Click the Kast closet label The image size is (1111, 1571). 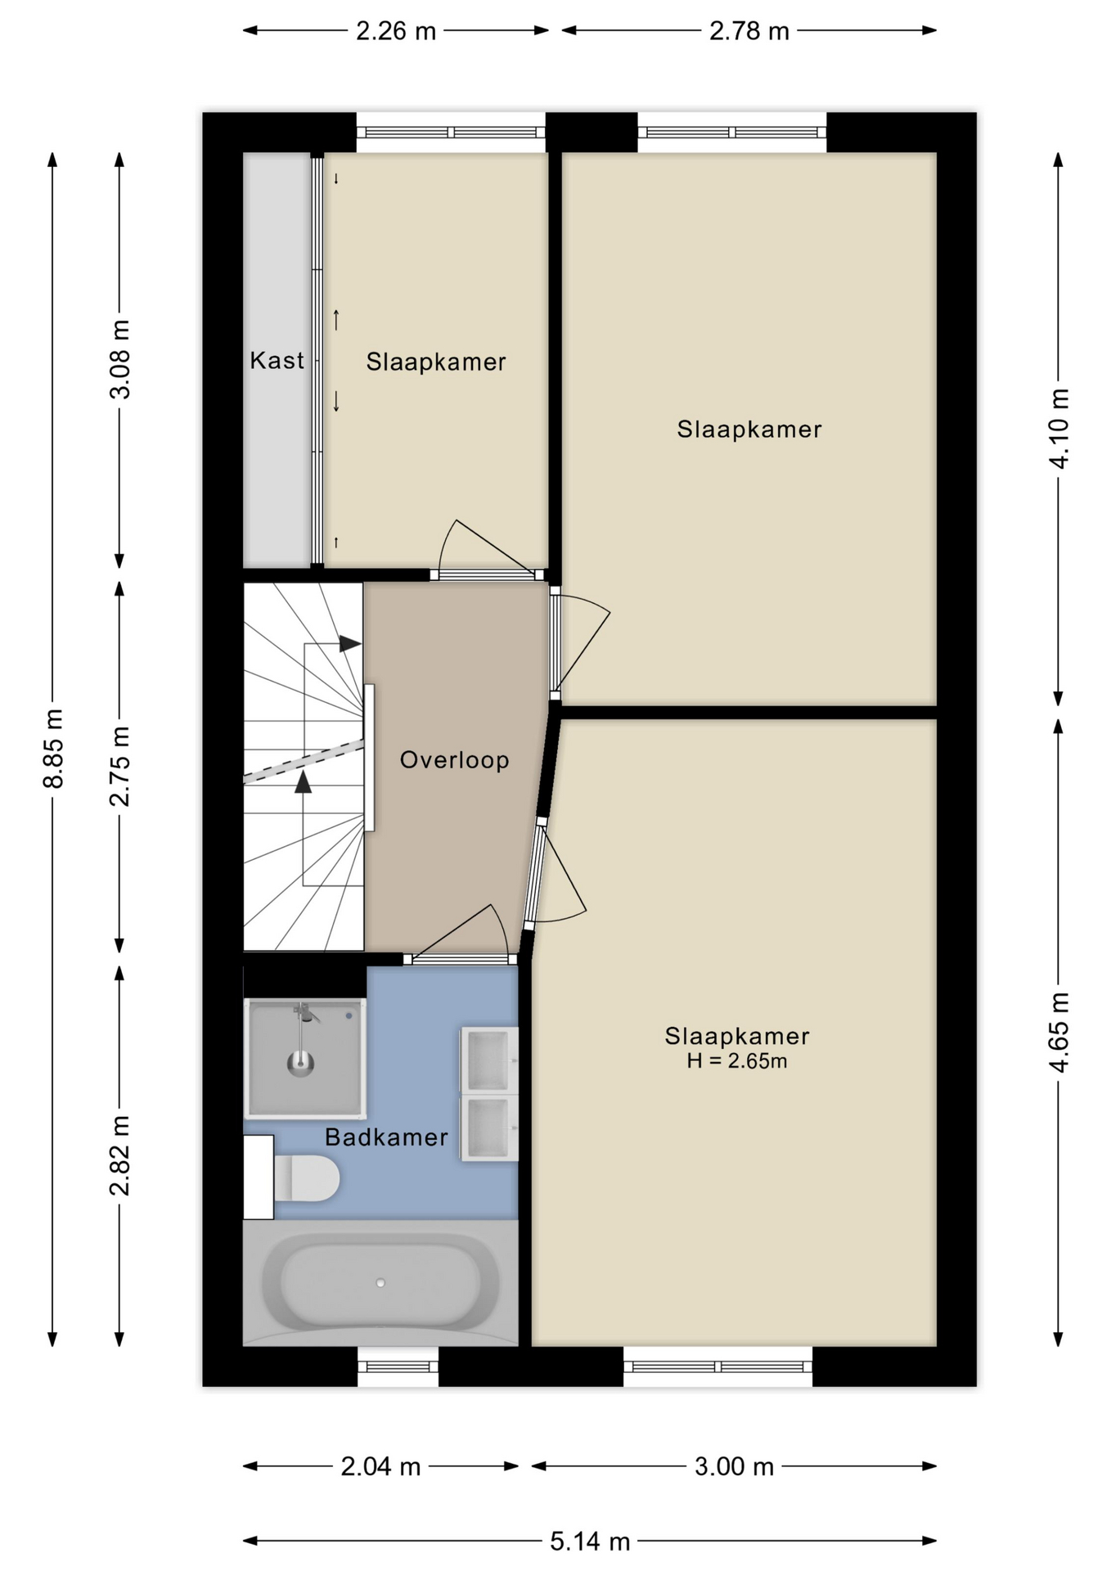[x=277, y=360]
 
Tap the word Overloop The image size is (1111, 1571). [x=454, y=760]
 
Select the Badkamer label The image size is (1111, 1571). [x=386, y=1137]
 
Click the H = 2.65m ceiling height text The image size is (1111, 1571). [x=736, y=1061]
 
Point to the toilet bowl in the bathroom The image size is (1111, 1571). [x=307, y=1178]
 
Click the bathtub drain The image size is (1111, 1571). [x=380, y=1283]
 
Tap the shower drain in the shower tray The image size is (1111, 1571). [x=301, y=1064]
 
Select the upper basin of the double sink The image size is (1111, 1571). [x=488, y=1060]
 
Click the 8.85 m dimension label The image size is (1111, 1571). [x=53, y=749]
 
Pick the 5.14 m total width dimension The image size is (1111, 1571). [x=590, y=1542]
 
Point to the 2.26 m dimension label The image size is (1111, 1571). [x=396, y=31]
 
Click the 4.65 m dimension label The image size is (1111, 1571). [x=1059, y=1032]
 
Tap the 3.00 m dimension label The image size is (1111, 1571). [x=734, y=1466]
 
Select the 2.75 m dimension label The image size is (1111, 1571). [x=119, y=766]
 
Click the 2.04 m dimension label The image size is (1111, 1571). [x=380, y=1466]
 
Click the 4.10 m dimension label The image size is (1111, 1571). [x=1059, y=429]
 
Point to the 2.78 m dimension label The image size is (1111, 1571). [x=749, y=31]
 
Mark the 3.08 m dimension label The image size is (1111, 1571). [x=119, y=359]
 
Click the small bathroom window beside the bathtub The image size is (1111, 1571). [x=398, y=1366]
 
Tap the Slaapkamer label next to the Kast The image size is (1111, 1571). [x=436, y=362]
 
